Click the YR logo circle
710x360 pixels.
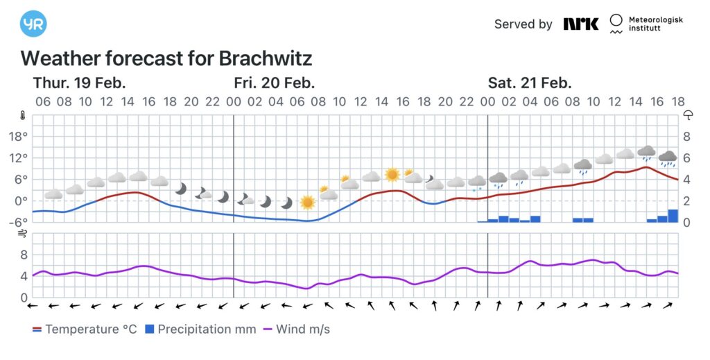coord(34,24)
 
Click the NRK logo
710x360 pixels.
coord(580,24)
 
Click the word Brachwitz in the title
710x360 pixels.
coord(266,58)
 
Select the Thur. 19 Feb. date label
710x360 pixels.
coord(79,83)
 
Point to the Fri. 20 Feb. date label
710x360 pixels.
coord(275,83)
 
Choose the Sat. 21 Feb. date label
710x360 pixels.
coord(530,83)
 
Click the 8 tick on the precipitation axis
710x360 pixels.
coord(686,137)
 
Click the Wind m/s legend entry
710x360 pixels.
coord(296,329)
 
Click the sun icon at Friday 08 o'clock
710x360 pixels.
coord(307,202)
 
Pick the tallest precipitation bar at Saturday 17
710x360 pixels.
coord(673,216)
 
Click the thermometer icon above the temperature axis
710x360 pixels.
coord(23,114)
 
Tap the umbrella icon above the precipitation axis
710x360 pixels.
coord(688,114)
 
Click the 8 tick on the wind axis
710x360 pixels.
coord(23,255)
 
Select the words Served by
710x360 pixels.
coord(523,24)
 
